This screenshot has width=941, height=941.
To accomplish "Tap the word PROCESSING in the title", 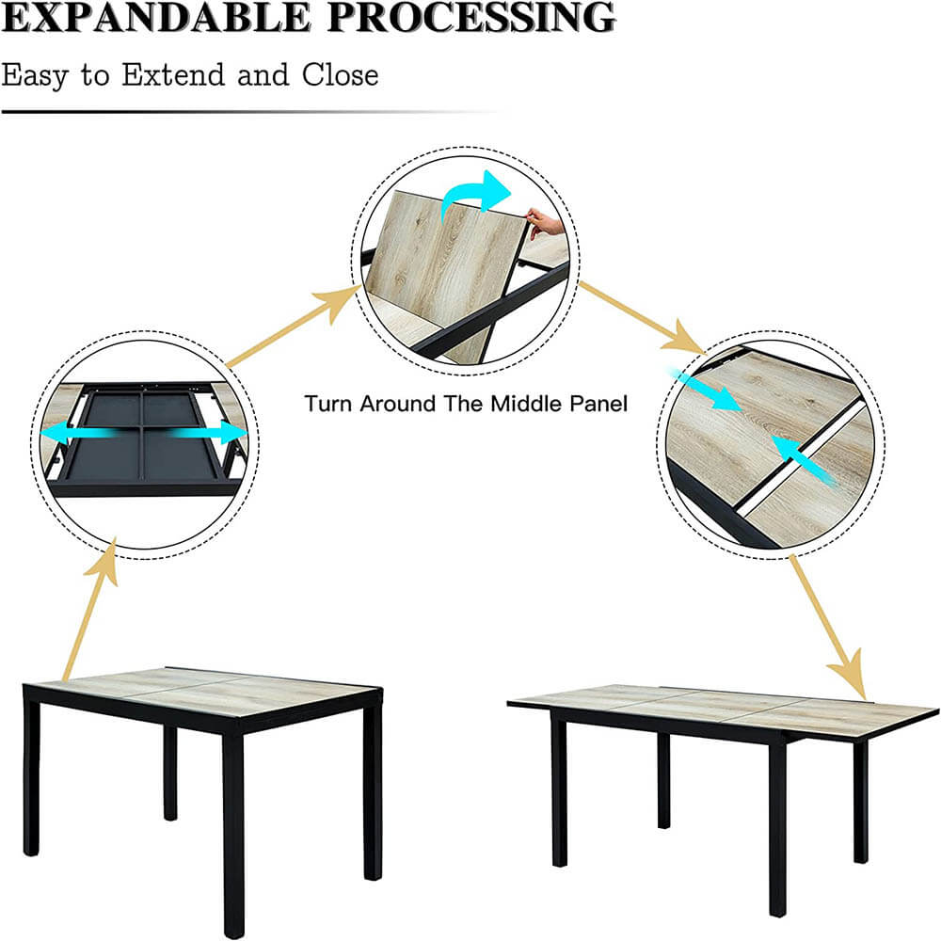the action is coord(472,17).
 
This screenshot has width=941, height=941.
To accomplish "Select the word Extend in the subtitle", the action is coord(173,75).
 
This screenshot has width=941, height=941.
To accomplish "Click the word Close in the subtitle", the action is coord(340,75).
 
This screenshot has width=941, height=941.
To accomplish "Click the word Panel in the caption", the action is coord(598,404).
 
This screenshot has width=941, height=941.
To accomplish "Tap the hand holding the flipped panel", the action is coord(545,223).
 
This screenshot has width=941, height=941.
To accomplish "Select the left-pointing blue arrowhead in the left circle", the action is coord(54,433).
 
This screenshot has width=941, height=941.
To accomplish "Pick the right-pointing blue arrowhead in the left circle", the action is coord(232,432).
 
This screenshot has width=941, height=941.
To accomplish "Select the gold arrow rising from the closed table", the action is coord(91,609).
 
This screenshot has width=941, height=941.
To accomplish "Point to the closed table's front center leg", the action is coord(232,831).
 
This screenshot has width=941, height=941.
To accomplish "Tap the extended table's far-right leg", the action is coord(860,801).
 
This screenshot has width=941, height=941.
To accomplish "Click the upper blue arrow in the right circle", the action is coord(709,391).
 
